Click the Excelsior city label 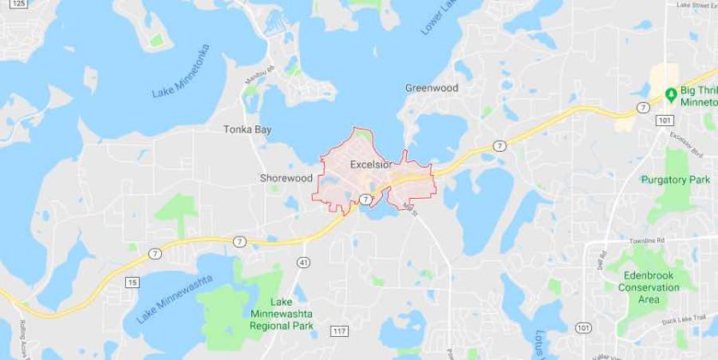[371, 164]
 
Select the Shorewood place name [286, 178]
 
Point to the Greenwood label [432, 88]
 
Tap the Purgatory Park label [676, 180]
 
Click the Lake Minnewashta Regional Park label [292, 314]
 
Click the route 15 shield [132, 282]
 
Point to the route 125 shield [20, 4]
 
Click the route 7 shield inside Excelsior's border [365, 199]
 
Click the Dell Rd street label [605, 260]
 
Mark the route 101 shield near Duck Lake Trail [583, 327]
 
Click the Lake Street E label [696, 5]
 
